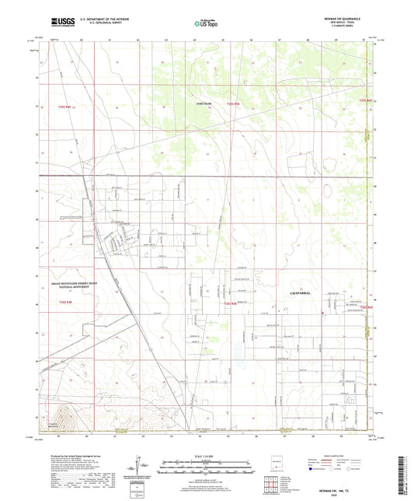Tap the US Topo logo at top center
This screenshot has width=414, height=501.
[205, 25]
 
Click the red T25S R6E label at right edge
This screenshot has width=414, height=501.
[367, 101]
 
